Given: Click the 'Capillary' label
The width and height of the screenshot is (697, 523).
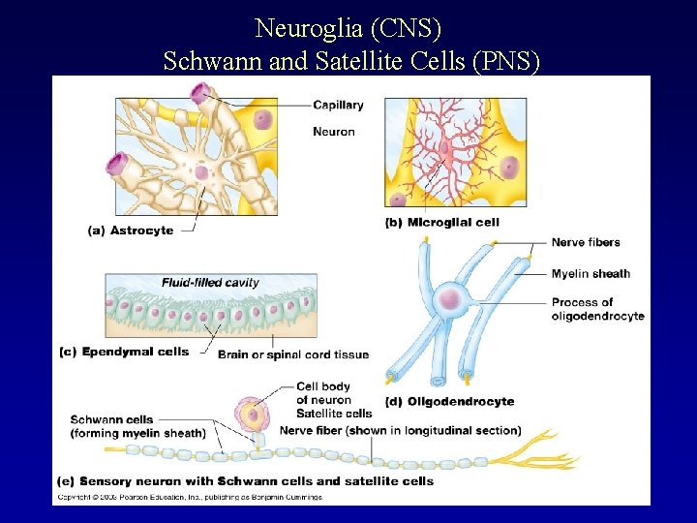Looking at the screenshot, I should coord(338,106).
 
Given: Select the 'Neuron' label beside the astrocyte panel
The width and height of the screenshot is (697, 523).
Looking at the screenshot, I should coord(334,132).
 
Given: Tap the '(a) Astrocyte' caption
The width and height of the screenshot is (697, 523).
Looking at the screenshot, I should coord(131,231).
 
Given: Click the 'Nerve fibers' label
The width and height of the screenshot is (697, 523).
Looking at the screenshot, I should coord(586,242).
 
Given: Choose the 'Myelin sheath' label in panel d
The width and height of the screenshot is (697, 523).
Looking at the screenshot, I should coord(591,273).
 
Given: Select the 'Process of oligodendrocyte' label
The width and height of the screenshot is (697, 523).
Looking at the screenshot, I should coord(597,309).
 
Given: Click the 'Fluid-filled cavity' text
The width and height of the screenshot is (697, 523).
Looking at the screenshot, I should coord(210,283).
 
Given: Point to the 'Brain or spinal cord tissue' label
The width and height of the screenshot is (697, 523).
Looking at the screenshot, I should coord(293,354).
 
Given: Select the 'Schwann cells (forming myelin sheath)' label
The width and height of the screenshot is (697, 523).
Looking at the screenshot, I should coord(137,426).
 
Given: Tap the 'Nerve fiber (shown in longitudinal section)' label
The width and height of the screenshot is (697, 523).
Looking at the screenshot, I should coord(400,430).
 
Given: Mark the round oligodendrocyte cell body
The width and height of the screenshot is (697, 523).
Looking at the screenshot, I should coord(449,299).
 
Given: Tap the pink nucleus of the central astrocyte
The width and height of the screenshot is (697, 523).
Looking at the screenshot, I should coord(201,173).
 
